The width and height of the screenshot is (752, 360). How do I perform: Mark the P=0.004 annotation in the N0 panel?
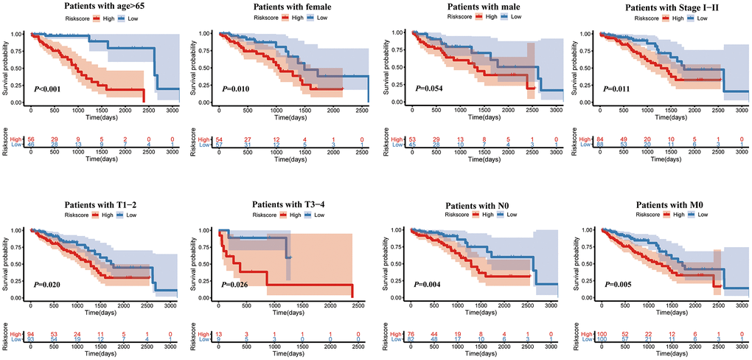(429, 283)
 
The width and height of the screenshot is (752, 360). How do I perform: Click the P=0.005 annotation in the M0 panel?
(620, 283)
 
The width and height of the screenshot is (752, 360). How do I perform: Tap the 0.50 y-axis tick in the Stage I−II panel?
(588, 67)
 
